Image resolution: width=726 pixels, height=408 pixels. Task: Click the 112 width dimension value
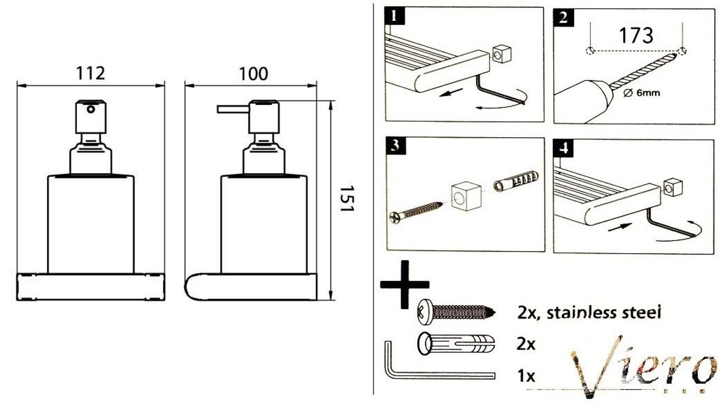tap(91, 73)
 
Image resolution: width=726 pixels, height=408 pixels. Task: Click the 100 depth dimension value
tap(254, 74)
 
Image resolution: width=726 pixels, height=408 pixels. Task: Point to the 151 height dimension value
tap(346, 199)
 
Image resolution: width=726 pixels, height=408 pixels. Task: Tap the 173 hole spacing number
tap(636, 35)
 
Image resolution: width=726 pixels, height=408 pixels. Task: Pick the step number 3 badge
tap(396, 146)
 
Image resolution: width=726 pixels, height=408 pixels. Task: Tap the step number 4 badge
tap(564, 148)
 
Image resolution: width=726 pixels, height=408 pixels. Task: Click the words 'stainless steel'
tap(604, 313)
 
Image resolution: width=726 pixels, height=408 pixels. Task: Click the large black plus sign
tap(405, 284)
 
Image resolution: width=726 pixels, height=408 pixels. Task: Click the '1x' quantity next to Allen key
tap(526, 376)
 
